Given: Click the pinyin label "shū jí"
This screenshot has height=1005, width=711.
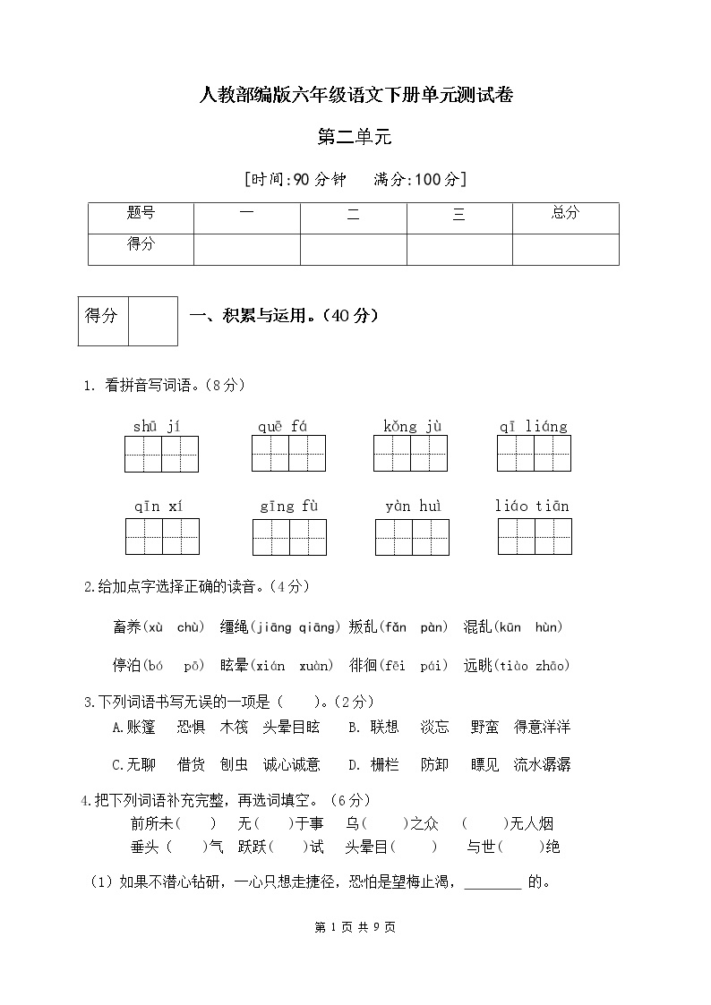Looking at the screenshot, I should tap(157, 426).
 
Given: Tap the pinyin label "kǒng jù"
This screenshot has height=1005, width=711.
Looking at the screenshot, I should tap(412, 426).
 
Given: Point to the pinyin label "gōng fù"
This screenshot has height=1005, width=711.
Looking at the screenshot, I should tap(289, 507).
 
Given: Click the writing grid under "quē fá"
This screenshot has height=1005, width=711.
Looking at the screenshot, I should tap(288, 454).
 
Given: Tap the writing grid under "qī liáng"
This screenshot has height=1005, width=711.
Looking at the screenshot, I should tap(534, 454).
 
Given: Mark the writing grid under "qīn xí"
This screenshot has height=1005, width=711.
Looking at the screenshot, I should tap(162, 536).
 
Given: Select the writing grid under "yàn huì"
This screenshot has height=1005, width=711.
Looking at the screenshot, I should tap(412, 536).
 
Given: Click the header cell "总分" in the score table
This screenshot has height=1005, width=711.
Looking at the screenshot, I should tap(565, 213).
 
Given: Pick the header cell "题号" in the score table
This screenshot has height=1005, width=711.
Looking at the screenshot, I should tap(141, 213).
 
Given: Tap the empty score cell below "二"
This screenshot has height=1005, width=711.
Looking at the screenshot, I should tap(353, 249).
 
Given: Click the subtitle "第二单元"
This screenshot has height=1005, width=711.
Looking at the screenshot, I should tap(355, 137).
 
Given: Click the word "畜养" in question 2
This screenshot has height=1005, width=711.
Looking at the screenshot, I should tap(127, 627).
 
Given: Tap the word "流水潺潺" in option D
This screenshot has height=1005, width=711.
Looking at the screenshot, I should tap(542, 764).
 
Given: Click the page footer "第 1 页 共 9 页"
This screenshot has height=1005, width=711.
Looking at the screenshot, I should tap(355, 927).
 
